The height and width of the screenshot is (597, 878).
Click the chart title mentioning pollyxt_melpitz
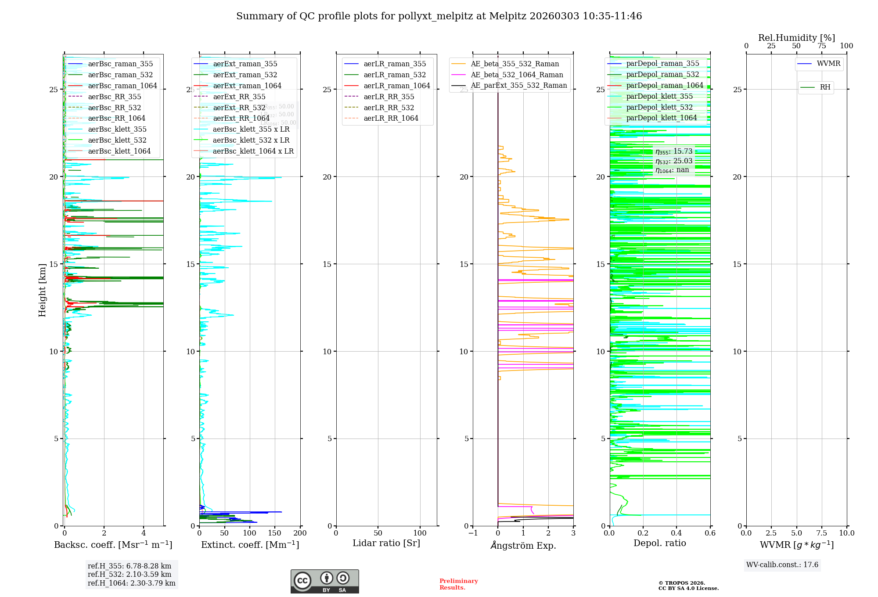tap(439, 16)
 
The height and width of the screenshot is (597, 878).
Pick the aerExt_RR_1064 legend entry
tap(241, 118)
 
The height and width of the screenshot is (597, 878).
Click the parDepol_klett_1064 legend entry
tap(661, 118)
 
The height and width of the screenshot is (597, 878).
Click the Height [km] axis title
tap(42, 290)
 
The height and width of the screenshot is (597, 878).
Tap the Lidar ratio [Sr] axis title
tap(386, 543)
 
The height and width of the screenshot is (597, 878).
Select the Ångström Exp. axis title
tap(523, 545)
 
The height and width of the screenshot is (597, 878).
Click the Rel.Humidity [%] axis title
tap(796, 38)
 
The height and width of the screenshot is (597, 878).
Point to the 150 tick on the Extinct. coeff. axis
tap(275, 533)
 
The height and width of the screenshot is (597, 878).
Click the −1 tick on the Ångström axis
tap(473, 533)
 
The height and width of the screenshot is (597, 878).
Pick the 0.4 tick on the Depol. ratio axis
tap(676, 533)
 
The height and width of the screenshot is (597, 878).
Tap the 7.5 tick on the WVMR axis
tap(822, 533)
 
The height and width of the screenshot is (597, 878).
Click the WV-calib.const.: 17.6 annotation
tap(782, 565)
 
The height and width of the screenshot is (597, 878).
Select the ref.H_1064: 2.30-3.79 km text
tap(132, 583)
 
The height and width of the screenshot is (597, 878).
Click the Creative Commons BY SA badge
tap(324, 581)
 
